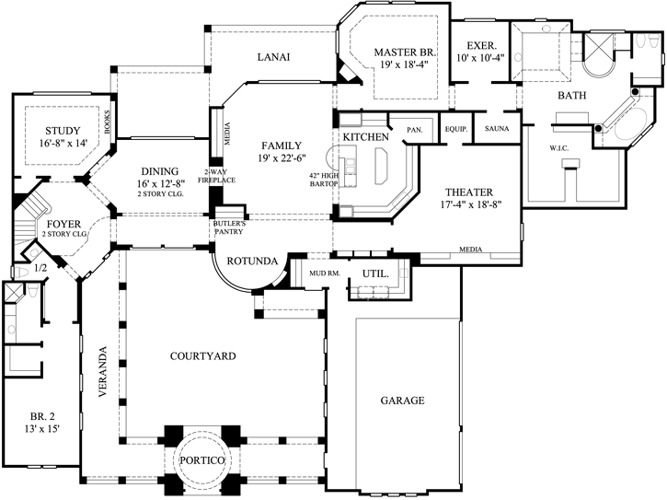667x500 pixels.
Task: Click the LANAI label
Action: click(273, 57)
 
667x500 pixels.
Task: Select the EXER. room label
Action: click(481, 45)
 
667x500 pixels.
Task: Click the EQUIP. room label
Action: click(456, 130)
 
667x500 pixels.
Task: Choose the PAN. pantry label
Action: click(415, 130)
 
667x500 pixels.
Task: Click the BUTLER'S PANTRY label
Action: click(227, 227)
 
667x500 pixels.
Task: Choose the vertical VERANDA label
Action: click(103, 370)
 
